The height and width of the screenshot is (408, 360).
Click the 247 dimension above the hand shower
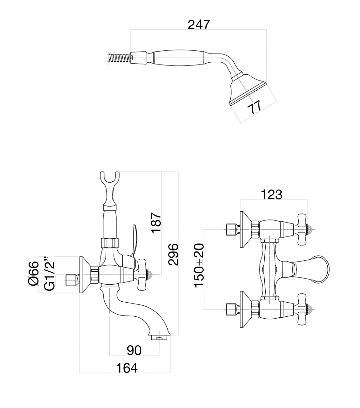coord(199,25)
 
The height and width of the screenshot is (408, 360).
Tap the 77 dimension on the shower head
coord(254,108)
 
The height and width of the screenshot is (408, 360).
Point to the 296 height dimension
coord(173,254)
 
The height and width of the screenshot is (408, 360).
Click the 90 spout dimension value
coord(134,350)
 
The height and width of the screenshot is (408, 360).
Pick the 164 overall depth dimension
coord(127,368)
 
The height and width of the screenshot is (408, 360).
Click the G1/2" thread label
coord(49,274)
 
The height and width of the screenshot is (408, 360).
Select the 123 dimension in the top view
coord(271,195)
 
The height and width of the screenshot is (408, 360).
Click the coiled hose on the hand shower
coord(119,57)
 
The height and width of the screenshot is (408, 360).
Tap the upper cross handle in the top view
coord(302,229)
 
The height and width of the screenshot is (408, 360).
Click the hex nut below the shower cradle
coord(110,243)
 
